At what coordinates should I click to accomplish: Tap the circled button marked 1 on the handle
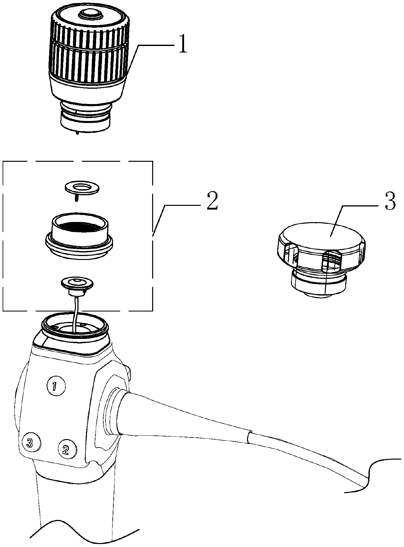[x=56, y=386]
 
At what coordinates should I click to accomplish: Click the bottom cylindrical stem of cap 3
[x=318, y=284]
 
